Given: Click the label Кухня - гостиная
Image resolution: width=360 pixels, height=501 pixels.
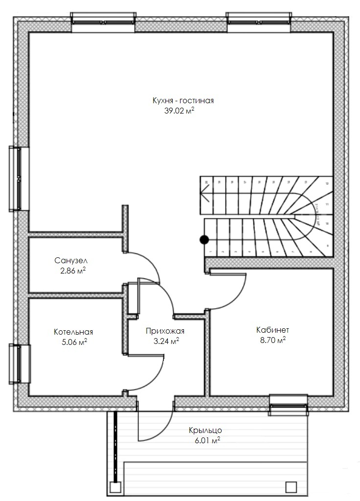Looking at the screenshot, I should (x=183, y=101).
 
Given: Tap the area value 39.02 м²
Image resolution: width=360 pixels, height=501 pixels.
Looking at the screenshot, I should (x=180, y=111).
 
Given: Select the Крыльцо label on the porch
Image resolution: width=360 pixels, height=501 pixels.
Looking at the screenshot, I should (x=205, y=431).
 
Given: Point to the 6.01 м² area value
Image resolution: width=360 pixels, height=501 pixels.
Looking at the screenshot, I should (x=206, y=440).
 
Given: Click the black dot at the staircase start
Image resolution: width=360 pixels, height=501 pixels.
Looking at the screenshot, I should (x=204, y=240).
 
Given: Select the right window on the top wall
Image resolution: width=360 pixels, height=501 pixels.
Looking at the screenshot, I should (x=259, y=20).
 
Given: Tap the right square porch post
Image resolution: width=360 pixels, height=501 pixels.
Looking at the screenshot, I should (x=291, y=487).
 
